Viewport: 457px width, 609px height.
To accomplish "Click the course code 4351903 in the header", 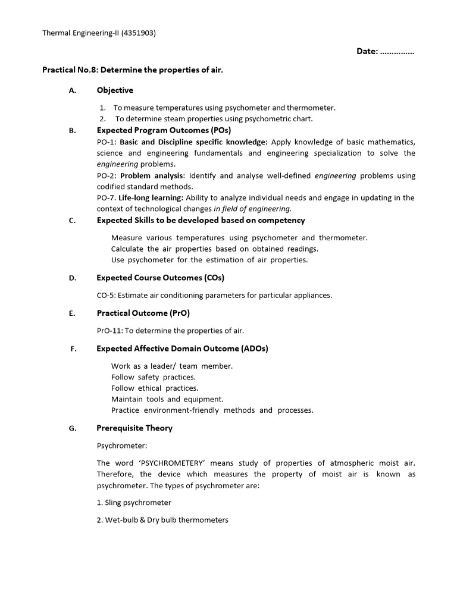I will pyautogui.click(x=138, y=33).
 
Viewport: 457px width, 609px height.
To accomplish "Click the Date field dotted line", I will pyautogui.click(x=397, y=52).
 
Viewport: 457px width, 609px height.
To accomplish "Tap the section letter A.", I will pyautogui.click(x=72, y=90).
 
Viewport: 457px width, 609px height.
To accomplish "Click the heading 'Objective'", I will pyautogui.click(x=115, y=90).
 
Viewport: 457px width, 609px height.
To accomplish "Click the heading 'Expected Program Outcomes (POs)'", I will pyautogui.click(x=164, y=130).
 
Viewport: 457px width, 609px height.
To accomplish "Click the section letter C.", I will pyautogui.click(x=72, y=221).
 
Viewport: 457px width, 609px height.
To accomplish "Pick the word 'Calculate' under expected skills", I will pyautogui.click(x=127, y=249).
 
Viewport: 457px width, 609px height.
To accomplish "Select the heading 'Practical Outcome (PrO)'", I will pyautogui.click(x=143, y=313).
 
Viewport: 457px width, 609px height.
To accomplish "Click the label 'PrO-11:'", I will pyautogui.click(x=109, y=331).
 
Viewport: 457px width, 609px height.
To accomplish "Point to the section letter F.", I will pyautogui.click(x=72, y=349).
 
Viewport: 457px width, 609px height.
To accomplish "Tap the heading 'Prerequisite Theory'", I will pyautogui.click(x=134, y=428).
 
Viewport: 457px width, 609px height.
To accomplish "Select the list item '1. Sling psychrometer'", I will pyautogui.click(x=134, y=503).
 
